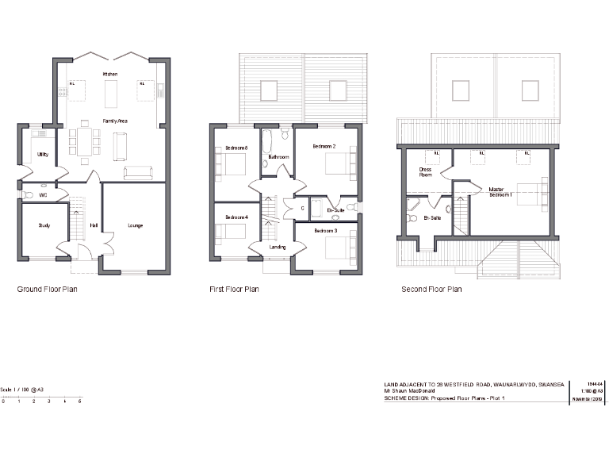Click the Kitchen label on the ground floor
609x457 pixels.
pyautogui.click(x=110, y=74)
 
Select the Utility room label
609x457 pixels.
pyautogui.click(x=43, y=154)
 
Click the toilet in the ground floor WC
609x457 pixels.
pyautogui.click(x=29, y=194)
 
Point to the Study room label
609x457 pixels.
pyautogui.click(x=44, y=226)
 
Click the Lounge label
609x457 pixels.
pyautogui.click(x=136, y=226)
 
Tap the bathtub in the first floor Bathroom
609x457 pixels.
pyautogui.click(x=268, y=142)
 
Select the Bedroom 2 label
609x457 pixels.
pyautogui.click(x=324, y=147)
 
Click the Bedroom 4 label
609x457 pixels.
pyautogui.click(x=236, y=217)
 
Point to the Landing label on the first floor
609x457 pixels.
pyautogui.click(x=278, y=247)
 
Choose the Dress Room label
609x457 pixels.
pyautogui.click(x=425, y=172)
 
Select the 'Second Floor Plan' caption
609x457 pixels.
pyautogui.click(x=431, y=290)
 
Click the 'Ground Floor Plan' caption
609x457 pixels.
pyautogui.click(x=47, y=290)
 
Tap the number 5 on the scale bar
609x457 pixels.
pyautogui.click(x=79, y=402)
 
